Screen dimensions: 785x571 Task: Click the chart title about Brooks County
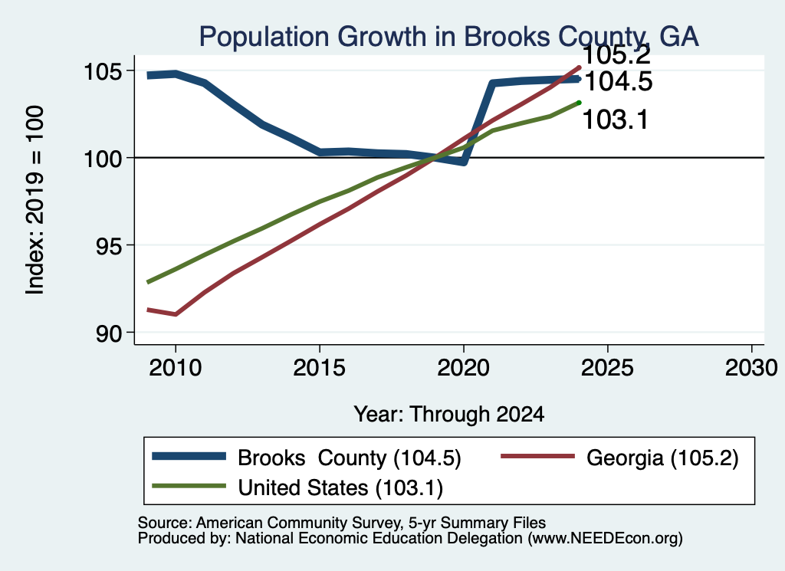448,37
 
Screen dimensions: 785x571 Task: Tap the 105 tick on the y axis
103,71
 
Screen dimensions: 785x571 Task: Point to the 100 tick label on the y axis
103,159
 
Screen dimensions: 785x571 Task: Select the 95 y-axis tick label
109,246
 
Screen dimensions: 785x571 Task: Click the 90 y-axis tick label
109,333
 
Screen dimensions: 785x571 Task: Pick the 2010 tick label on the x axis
176,368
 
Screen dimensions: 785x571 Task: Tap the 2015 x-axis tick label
320,368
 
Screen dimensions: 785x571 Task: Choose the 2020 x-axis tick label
464,368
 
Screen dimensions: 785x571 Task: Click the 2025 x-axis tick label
607,368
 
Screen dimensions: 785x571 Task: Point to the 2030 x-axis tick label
751,368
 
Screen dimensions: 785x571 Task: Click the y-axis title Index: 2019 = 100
34,200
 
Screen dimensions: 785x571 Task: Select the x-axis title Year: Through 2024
449,415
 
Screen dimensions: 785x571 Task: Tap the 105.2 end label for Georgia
617,54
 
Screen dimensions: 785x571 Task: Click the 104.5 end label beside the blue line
619,81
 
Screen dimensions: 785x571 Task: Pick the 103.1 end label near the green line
616,120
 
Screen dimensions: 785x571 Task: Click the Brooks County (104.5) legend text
350,458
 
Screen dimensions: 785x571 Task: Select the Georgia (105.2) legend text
662,458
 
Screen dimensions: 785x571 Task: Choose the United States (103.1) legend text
340,488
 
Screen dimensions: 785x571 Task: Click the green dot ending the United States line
579,103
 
